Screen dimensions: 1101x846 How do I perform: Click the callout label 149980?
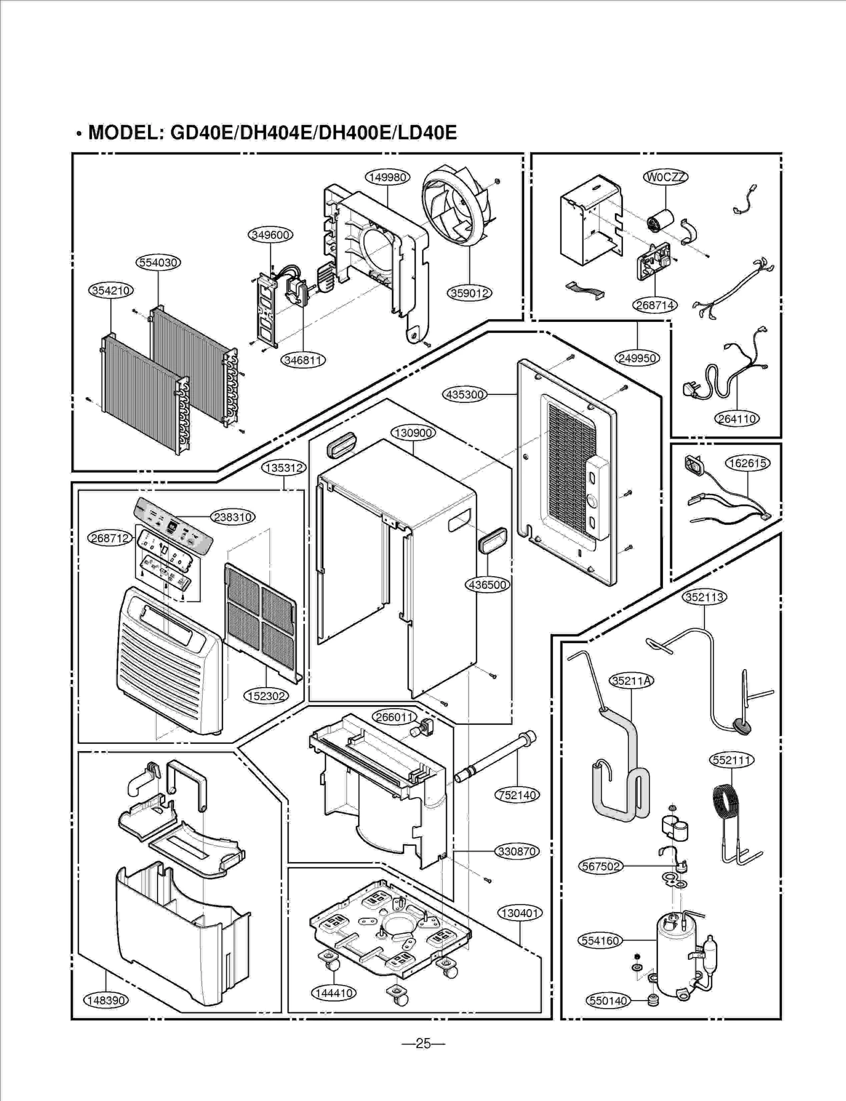388,177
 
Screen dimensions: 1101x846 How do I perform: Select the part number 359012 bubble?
470,293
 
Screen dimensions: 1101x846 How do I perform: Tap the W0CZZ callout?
665,177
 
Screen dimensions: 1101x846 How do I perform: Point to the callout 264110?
737,419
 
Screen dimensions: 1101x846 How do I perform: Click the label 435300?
464,394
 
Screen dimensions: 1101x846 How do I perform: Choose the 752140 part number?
517,795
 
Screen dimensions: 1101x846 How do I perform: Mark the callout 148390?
106,1000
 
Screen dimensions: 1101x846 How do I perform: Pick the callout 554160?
600,940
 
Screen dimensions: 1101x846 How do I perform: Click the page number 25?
423,1043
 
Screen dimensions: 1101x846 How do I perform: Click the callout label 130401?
520,913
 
